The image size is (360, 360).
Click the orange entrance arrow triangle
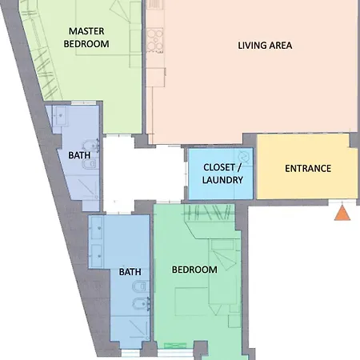[342, 214]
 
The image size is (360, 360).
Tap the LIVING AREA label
[265, 46]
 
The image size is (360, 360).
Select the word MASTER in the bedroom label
[86, 31]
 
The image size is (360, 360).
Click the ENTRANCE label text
[308, 168]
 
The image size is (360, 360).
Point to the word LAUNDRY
[222, 180]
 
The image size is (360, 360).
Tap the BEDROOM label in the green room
[194, 270]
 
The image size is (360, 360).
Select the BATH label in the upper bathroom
[79, 155]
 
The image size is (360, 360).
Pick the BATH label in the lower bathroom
[130, 272]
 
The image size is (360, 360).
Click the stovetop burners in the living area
[154, 39]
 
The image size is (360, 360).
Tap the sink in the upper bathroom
[61, 115]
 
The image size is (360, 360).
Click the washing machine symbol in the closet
[245, 156]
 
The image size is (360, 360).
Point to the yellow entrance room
[306, 166]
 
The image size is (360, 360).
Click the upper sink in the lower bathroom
[96, 228]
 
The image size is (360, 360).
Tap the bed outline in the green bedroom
[191, 302]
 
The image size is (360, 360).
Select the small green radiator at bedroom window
[175, 346]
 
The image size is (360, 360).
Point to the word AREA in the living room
[281, 46]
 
